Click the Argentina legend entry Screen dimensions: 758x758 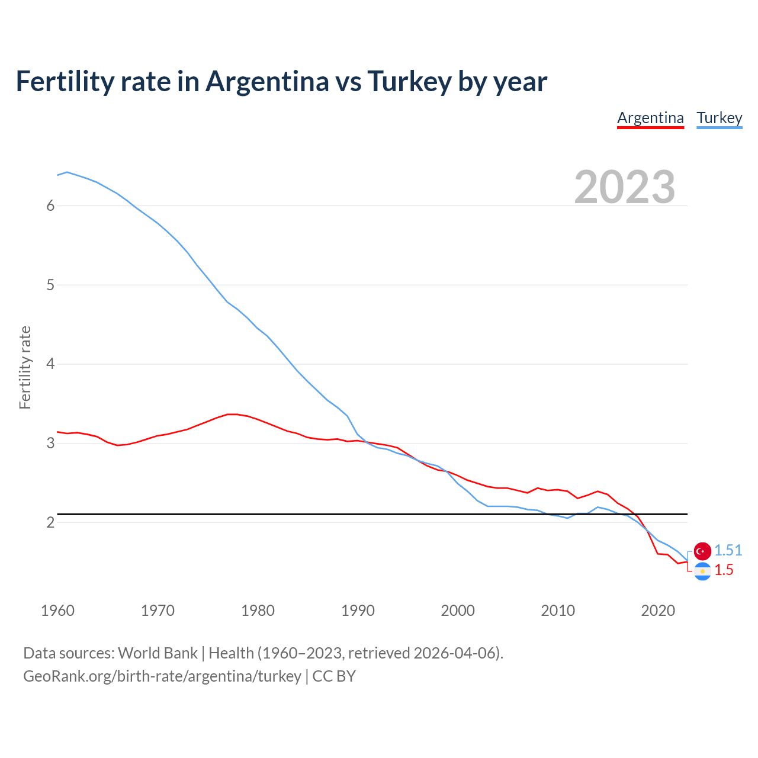point(650,118)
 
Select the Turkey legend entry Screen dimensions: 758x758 point(719,118)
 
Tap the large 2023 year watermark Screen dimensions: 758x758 point(624,187)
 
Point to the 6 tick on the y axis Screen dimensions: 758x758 point(50,205)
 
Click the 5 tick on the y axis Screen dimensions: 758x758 point(50,285)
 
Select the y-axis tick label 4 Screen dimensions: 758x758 point(50,364)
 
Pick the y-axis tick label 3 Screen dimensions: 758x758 point(50,443)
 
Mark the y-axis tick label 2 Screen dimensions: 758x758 point(50,522)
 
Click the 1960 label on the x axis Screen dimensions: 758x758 point(57,611)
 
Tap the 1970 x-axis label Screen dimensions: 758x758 point(158,611)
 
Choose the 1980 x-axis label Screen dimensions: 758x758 point(258,611)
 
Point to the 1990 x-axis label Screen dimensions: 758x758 point(358,611)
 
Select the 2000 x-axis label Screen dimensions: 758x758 point(458,611)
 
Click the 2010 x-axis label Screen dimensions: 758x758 point(558,611)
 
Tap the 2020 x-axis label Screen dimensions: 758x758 point(658,611)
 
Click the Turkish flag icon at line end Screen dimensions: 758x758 point(702,551)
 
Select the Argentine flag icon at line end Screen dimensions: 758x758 point(702,571)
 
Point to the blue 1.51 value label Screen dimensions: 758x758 point(728,550)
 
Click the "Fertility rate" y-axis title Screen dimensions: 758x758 point(25,367)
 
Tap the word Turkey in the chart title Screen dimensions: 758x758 point(409,81)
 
